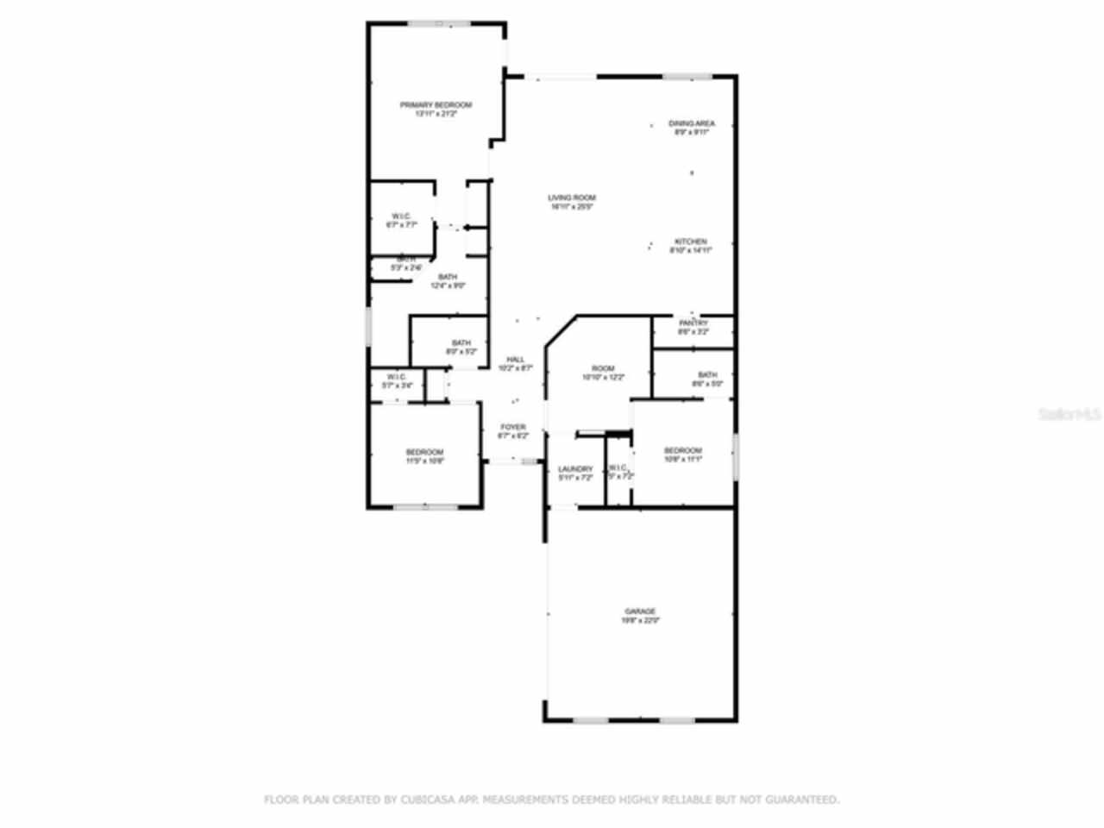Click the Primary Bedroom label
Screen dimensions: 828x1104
click(x=436, y=105)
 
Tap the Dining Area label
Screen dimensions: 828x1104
click(x=692, y=124)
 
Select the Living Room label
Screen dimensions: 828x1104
click(x=572, y=198)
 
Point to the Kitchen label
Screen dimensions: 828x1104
click(x=691, y=242)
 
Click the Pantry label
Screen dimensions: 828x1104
click(x=693, y=323)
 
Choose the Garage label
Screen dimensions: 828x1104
click(x=640, y=612)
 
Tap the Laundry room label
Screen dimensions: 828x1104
click(x=575, y=469)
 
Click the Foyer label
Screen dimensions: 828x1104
click(x=513, y=427)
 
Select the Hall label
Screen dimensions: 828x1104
click(x=516, y=360)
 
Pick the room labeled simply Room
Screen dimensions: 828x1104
click(x=603, y=369)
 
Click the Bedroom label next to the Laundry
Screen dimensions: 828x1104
click(x=682, y=451)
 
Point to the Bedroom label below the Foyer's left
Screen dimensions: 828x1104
click(x=424, y=453)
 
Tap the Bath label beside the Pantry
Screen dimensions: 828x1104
click(x=707, y=375)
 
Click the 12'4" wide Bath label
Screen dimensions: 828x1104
click(x=448, y=277)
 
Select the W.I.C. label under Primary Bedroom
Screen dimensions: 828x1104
click(x=401, y=216)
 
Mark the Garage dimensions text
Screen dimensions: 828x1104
click(x=640, y=620)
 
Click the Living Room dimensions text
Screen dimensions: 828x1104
click(x=572, y=207)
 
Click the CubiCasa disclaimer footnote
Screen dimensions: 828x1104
click(x=551, y=800)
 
